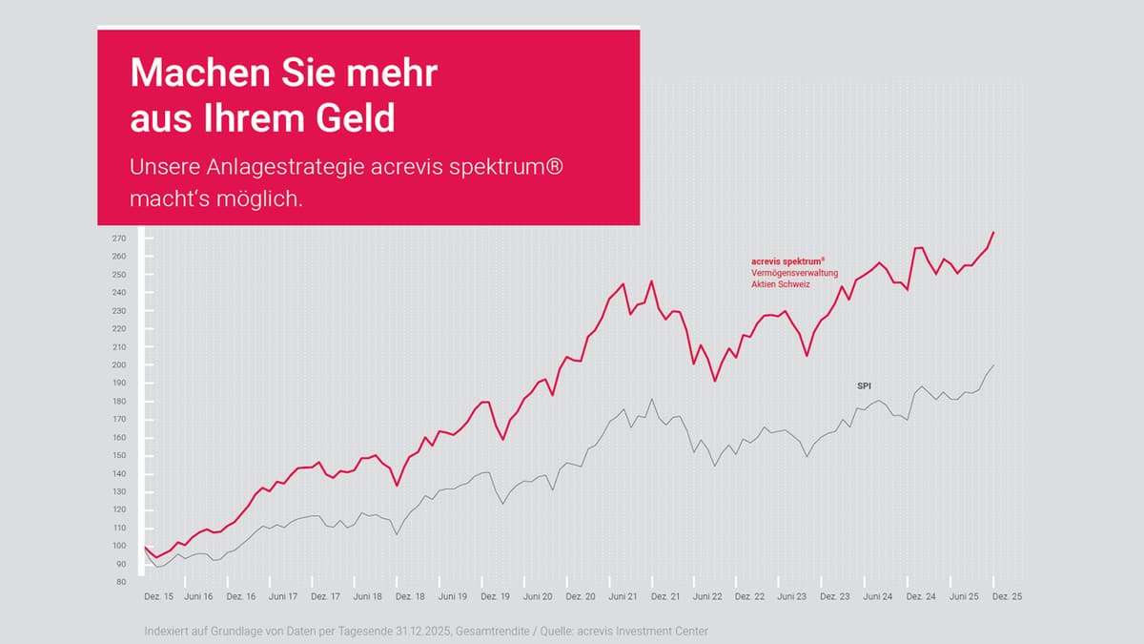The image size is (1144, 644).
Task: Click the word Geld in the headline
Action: point(355,118)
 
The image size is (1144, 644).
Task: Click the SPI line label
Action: point(864,386)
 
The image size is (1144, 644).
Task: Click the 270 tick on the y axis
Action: point(119,239)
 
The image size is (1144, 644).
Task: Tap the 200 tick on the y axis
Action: point(119,365)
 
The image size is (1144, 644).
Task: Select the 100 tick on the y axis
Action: point(119,546)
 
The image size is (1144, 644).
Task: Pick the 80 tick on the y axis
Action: point(120,581)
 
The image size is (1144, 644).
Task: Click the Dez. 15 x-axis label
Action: point(158,596)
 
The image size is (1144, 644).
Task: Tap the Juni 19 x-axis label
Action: point(453,596)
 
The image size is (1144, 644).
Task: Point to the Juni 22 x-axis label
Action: point(707,596)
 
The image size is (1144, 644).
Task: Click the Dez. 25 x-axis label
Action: point(1007,596)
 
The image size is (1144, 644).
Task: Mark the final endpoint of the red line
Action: point(994,232)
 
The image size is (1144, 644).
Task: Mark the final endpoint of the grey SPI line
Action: point(994,365)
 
